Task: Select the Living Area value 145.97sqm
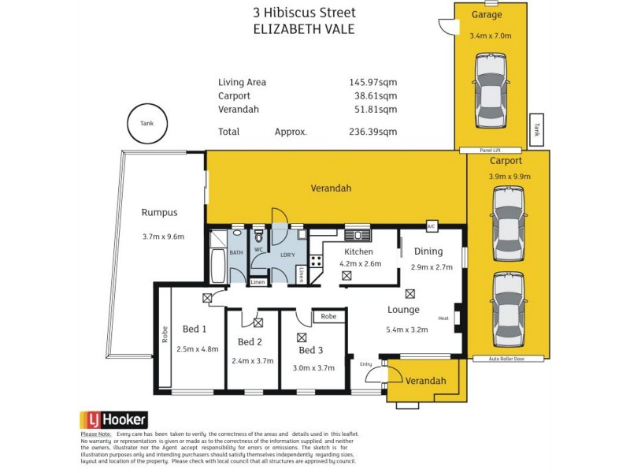(x=373, y=82)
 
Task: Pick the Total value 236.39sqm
(x=373, y=132)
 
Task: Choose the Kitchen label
(x=357, y=251)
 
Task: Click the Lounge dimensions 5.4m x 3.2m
(x=406, y=330)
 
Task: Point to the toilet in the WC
(x=258, y=236)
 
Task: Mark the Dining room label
(x=428, y=251)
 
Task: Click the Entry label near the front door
(x=366, y=363)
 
